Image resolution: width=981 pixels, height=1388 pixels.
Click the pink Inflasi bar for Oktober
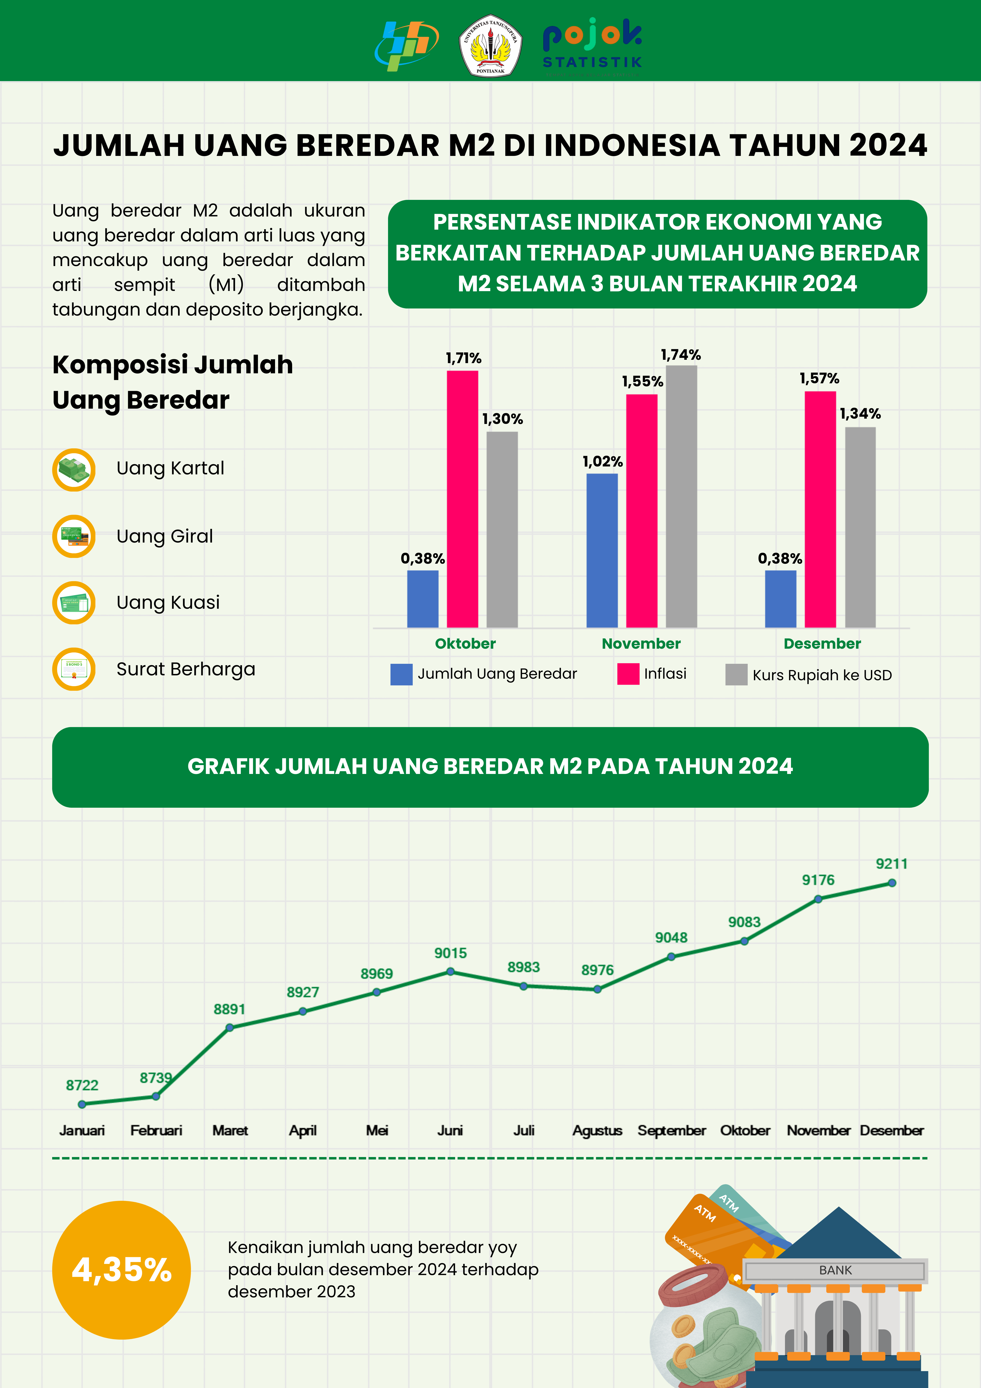[462, 499]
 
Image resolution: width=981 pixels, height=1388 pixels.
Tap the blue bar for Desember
[780, 599]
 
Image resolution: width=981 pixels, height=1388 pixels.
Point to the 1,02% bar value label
[602, 462]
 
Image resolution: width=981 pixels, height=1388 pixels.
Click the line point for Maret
[230, 1027]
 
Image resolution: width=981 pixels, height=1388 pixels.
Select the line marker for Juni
[450, 971]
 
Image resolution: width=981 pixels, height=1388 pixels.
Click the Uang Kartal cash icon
[74, 470]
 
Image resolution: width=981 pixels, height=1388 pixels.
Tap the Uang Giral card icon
[74, 536]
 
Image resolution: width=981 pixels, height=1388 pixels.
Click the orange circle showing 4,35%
[121, 1269]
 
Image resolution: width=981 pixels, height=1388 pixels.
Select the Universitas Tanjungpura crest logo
[490, 45]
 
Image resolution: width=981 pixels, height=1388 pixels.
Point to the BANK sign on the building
[835, 1270]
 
